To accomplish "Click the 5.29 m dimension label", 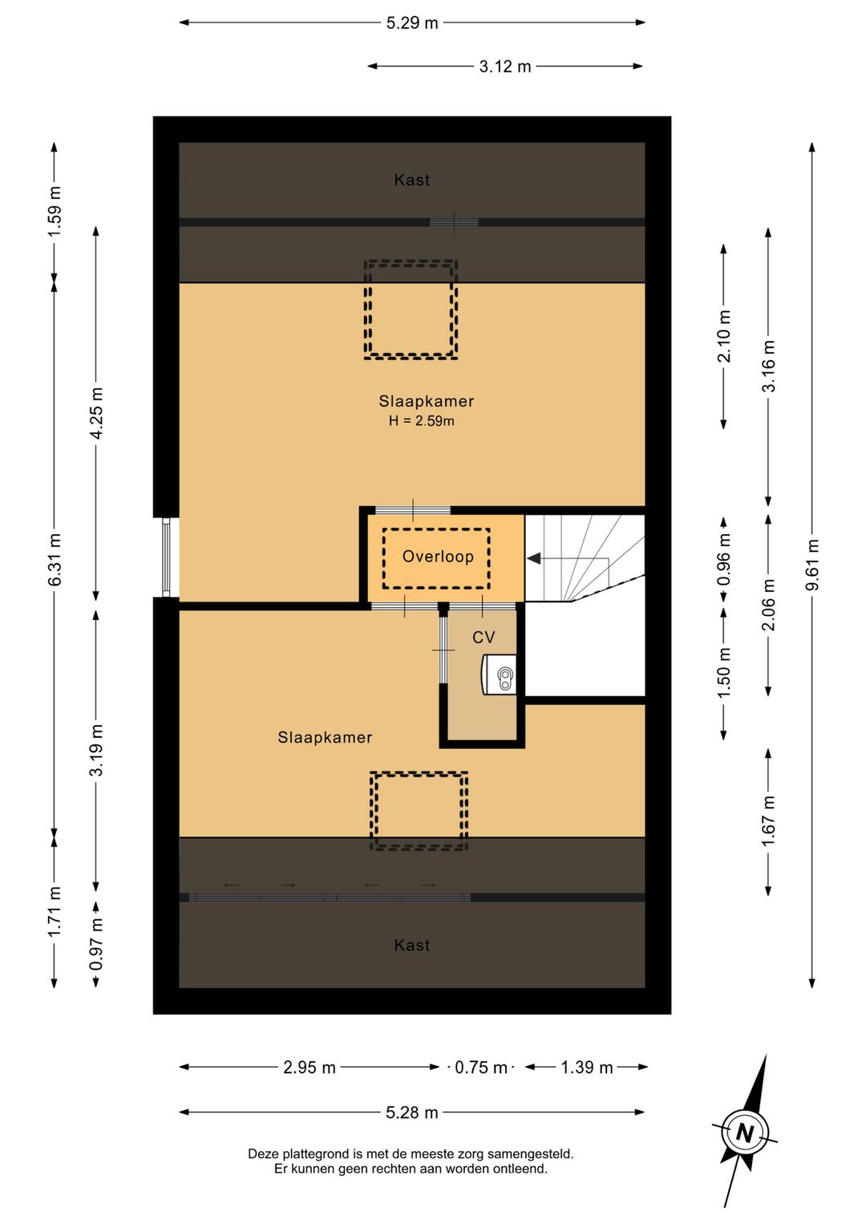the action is coord(412,23).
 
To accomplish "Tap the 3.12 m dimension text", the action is coord(505,67).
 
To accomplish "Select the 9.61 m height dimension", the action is coord(812,564).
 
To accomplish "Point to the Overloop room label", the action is coord(438,557).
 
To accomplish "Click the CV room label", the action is coord(484,637).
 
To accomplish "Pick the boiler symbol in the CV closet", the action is coord(499,675).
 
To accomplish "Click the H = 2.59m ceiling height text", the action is coord(421,421).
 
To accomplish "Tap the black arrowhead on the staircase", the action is coord(534,558).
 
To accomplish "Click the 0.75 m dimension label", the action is coord(481,1067).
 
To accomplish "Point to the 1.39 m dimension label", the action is coord(587,1067).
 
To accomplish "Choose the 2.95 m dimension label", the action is coord(310,1067).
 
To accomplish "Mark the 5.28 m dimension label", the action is coord(412,1113).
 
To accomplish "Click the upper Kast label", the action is coord(412,180).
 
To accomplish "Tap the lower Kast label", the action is coord(412,945).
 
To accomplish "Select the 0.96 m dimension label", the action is coord(724,559).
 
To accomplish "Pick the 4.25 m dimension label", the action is coord(96,413).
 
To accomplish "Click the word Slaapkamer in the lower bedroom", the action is coord(325,737).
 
